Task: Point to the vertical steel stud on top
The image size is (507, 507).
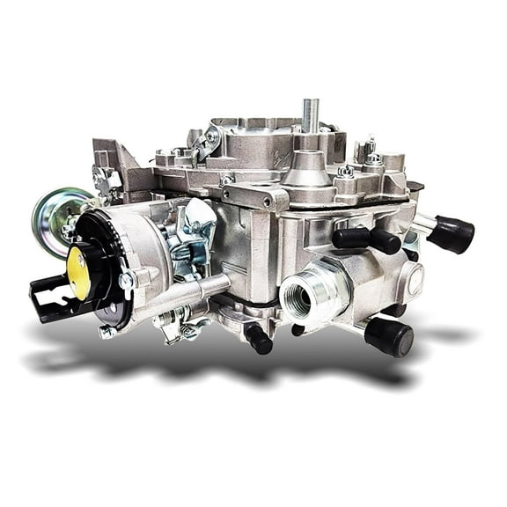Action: click(x=310, y=115)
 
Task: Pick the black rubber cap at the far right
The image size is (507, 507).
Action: click(x=452, y=233)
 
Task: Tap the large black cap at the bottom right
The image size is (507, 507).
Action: click(x=388, y=335)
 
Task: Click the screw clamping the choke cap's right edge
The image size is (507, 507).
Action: click(x=126, y=281)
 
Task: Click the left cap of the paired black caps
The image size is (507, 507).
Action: click(x=350, y=237)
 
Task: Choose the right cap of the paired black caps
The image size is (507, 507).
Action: click(x=385, y=239)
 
